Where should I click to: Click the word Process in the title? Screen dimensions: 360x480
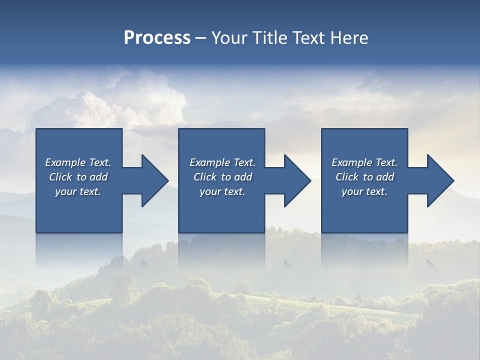[x=157, y=38]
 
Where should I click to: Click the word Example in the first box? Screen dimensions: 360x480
[x=65, y=162]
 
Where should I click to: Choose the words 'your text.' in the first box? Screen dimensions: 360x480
[x=78, y=191]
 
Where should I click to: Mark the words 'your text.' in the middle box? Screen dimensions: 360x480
[x=222, y=191]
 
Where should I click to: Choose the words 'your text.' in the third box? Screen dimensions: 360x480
[x=364, y=191]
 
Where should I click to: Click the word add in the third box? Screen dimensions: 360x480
[x=384, y=177]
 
